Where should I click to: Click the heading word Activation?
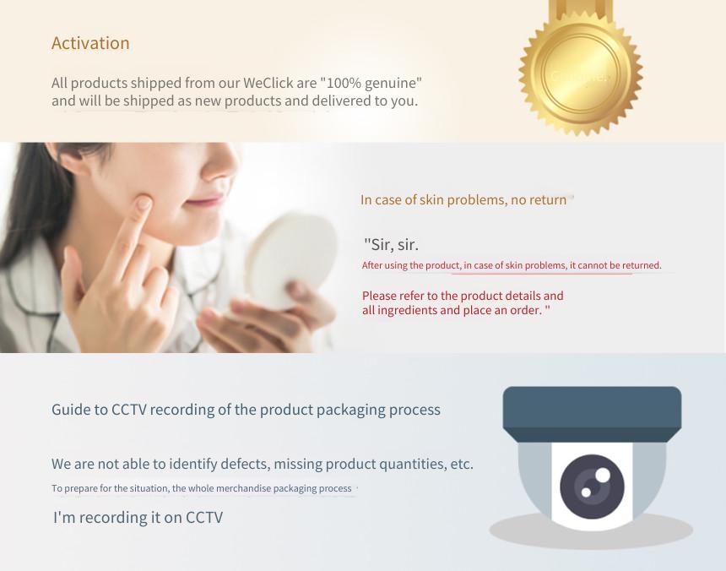tap(90, 43)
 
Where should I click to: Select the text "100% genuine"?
tap(371, 84)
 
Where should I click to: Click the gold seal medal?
tap(581, 69)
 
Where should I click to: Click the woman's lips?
tap(206, 201)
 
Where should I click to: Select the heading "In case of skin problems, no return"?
tap(463, 199)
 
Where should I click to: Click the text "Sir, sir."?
tap(391, 244)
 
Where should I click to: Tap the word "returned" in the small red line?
tap(642, 265)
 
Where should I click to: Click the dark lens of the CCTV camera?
tap(592, 487)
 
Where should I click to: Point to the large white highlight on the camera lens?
tap(603, 476)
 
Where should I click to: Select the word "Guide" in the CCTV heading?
tap(68, 410)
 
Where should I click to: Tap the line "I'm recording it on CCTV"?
tap(138, 517)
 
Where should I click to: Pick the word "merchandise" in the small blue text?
tap(243, 488)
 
